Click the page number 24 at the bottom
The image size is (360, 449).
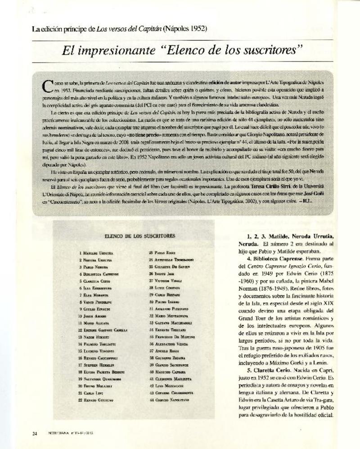[x=34, y=434]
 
